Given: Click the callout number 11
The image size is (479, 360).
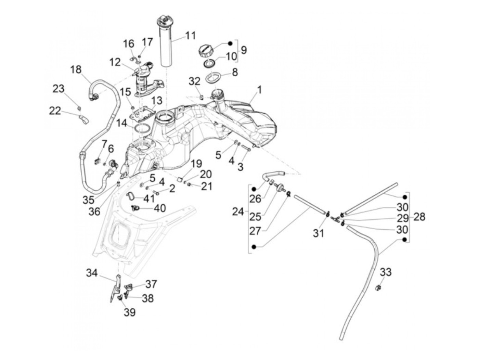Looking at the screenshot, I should pyautogui.click(x=191, y=35).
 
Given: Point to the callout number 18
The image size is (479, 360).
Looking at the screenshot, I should pyautogui.click(x=76, y=69).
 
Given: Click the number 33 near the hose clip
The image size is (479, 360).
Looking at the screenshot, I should pyautogui.click(x=386, y=272).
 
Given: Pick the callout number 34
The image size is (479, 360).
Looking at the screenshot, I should pyautogui.click(x=92, y=273).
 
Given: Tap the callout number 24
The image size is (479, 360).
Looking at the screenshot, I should pyautogui.click(x=238, y=212).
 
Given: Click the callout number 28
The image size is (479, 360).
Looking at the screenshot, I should pyautogui.click(x=419, y=217).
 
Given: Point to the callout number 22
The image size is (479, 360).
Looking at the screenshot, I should pyautogui.click(x=55, y=111).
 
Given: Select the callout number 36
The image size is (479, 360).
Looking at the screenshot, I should pyautogui.click(x=94, y=211).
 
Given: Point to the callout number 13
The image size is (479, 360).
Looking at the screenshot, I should pyautogui.click(x=157, y=100).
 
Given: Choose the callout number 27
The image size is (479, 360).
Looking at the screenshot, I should pyautogui.click(x=255, y=231).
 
